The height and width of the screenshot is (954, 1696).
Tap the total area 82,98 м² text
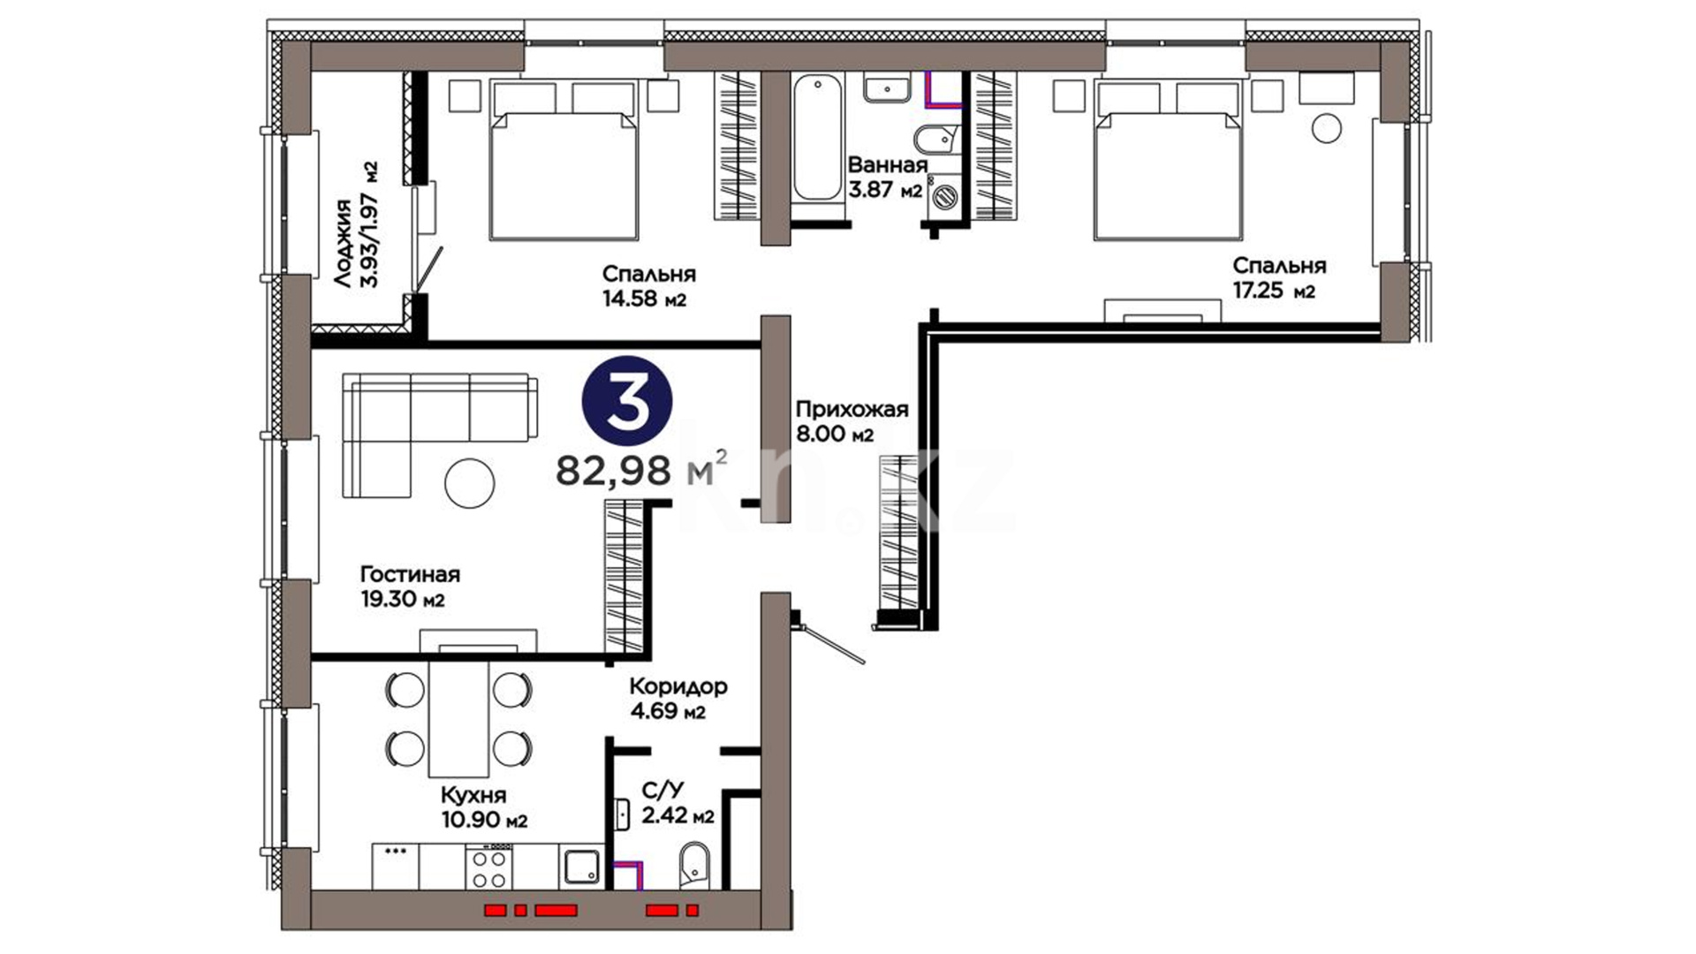pyautogui.click(x=642, y=469)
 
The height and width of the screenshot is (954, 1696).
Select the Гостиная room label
pyautogui.click(x=410, y=574)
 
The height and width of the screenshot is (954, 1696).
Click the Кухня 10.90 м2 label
pyautogui.click(x=485, y=807)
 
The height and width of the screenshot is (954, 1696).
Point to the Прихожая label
pyautogui.click(x=852, y=409)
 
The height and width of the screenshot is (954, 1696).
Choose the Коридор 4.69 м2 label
pyautogui.click(x=678, y=698)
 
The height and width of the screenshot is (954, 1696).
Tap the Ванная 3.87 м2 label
pyautogui.click(x=887, y=177)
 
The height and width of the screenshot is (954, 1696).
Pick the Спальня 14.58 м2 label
pyautogui.click(x=648, y=286)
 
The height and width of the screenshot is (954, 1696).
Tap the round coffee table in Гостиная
pyautogui.click(x=469, y=482)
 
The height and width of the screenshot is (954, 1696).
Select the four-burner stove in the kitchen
pyautogui.click(x=489, y=867)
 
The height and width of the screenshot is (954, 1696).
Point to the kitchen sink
pyautogui.click(x=580, y=867)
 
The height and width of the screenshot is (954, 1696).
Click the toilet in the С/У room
pyautogui.click(x=693, y=865)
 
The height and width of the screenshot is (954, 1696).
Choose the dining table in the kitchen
pyautogui.click(x=458, y=717)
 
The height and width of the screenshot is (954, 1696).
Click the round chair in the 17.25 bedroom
pyautogui.click(x=1326, y=128)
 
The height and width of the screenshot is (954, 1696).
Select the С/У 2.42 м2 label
pyautogui.click(x=678, y=802)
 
